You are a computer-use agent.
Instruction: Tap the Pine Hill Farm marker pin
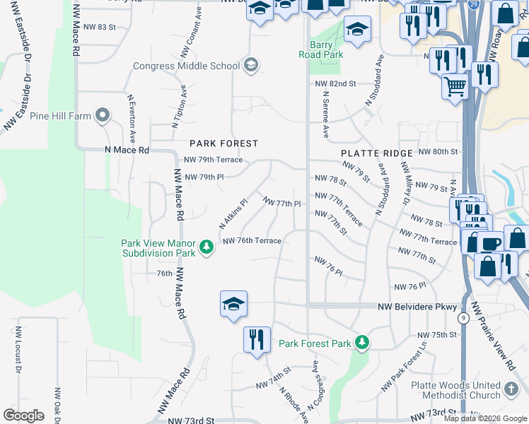click(x=103, y=115)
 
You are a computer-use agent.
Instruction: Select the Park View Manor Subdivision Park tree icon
click(x=206, y=247)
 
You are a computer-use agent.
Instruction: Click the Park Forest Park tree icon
click(x=362, y=343)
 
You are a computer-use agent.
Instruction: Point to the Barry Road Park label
click(x=325, y=49)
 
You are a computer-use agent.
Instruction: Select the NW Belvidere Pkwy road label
click(x=417, y=307)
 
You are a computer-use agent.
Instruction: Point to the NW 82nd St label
click(x=336, y=83)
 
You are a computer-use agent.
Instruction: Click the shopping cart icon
click(x=455, y=87)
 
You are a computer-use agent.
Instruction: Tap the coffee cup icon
click(x=490, y=242)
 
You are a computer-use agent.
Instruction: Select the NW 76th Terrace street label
click(x=252, y=241)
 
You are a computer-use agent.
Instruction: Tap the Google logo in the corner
click(x=23, y=416)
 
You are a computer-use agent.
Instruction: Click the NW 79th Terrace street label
click(x=213, y=160)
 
